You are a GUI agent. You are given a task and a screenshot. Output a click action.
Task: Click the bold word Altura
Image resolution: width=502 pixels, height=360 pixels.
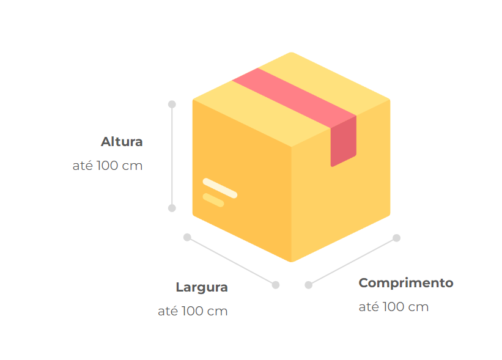122,142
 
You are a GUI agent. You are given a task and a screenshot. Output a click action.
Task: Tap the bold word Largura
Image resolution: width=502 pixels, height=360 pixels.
202,287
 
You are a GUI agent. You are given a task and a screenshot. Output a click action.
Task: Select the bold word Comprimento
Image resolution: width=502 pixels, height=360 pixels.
406,283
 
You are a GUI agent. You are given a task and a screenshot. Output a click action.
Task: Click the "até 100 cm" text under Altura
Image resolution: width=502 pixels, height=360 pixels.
108,165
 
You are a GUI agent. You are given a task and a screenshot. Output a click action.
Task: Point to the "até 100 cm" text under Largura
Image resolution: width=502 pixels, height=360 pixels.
193,311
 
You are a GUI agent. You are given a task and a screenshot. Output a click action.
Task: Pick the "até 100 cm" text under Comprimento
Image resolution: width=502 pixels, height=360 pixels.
394,307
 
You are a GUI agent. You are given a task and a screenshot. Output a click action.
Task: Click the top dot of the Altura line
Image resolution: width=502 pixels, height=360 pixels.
172,105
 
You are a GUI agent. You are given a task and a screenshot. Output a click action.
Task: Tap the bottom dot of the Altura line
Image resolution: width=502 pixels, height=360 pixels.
172,208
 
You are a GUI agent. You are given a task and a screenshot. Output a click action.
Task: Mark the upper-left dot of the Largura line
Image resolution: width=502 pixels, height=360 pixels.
187,237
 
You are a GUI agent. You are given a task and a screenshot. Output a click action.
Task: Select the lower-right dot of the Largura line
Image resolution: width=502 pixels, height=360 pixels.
276,285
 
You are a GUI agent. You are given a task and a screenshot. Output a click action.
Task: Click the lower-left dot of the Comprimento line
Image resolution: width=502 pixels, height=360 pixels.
309,285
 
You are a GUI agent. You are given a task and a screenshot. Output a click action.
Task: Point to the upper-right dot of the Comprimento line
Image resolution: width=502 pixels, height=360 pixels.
396,238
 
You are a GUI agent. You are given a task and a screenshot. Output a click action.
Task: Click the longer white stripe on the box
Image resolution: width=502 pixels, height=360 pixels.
220,188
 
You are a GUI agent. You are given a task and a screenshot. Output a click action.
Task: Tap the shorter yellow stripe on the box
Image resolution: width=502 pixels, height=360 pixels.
213,200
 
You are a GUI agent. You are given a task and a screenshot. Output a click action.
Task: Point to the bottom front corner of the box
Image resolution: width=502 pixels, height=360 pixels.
291,260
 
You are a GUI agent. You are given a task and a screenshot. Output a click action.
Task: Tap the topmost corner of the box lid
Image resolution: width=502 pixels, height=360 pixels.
291,54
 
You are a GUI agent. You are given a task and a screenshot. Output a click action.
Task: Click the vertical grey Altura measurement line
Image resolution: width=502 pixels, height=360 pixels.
172,156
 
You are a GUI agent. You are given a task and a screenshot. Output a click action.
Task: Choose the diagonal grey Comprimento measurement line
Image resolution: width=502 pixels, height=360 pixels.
352,262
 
